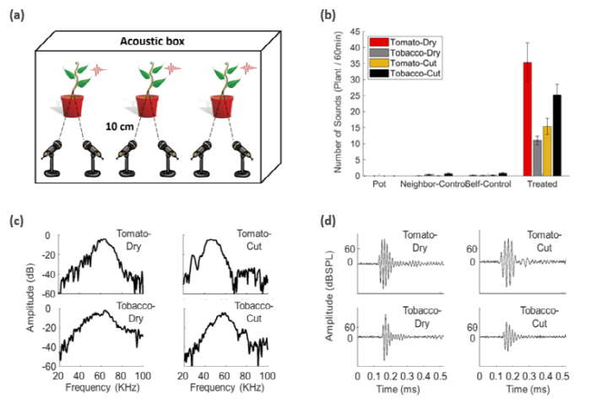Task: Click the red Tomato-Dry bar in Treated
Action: [x=527, y=119]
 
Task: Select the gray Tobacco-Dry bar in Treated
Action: [x=537, y=157]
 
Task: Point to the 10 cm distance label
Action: [x=117, y=125]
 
